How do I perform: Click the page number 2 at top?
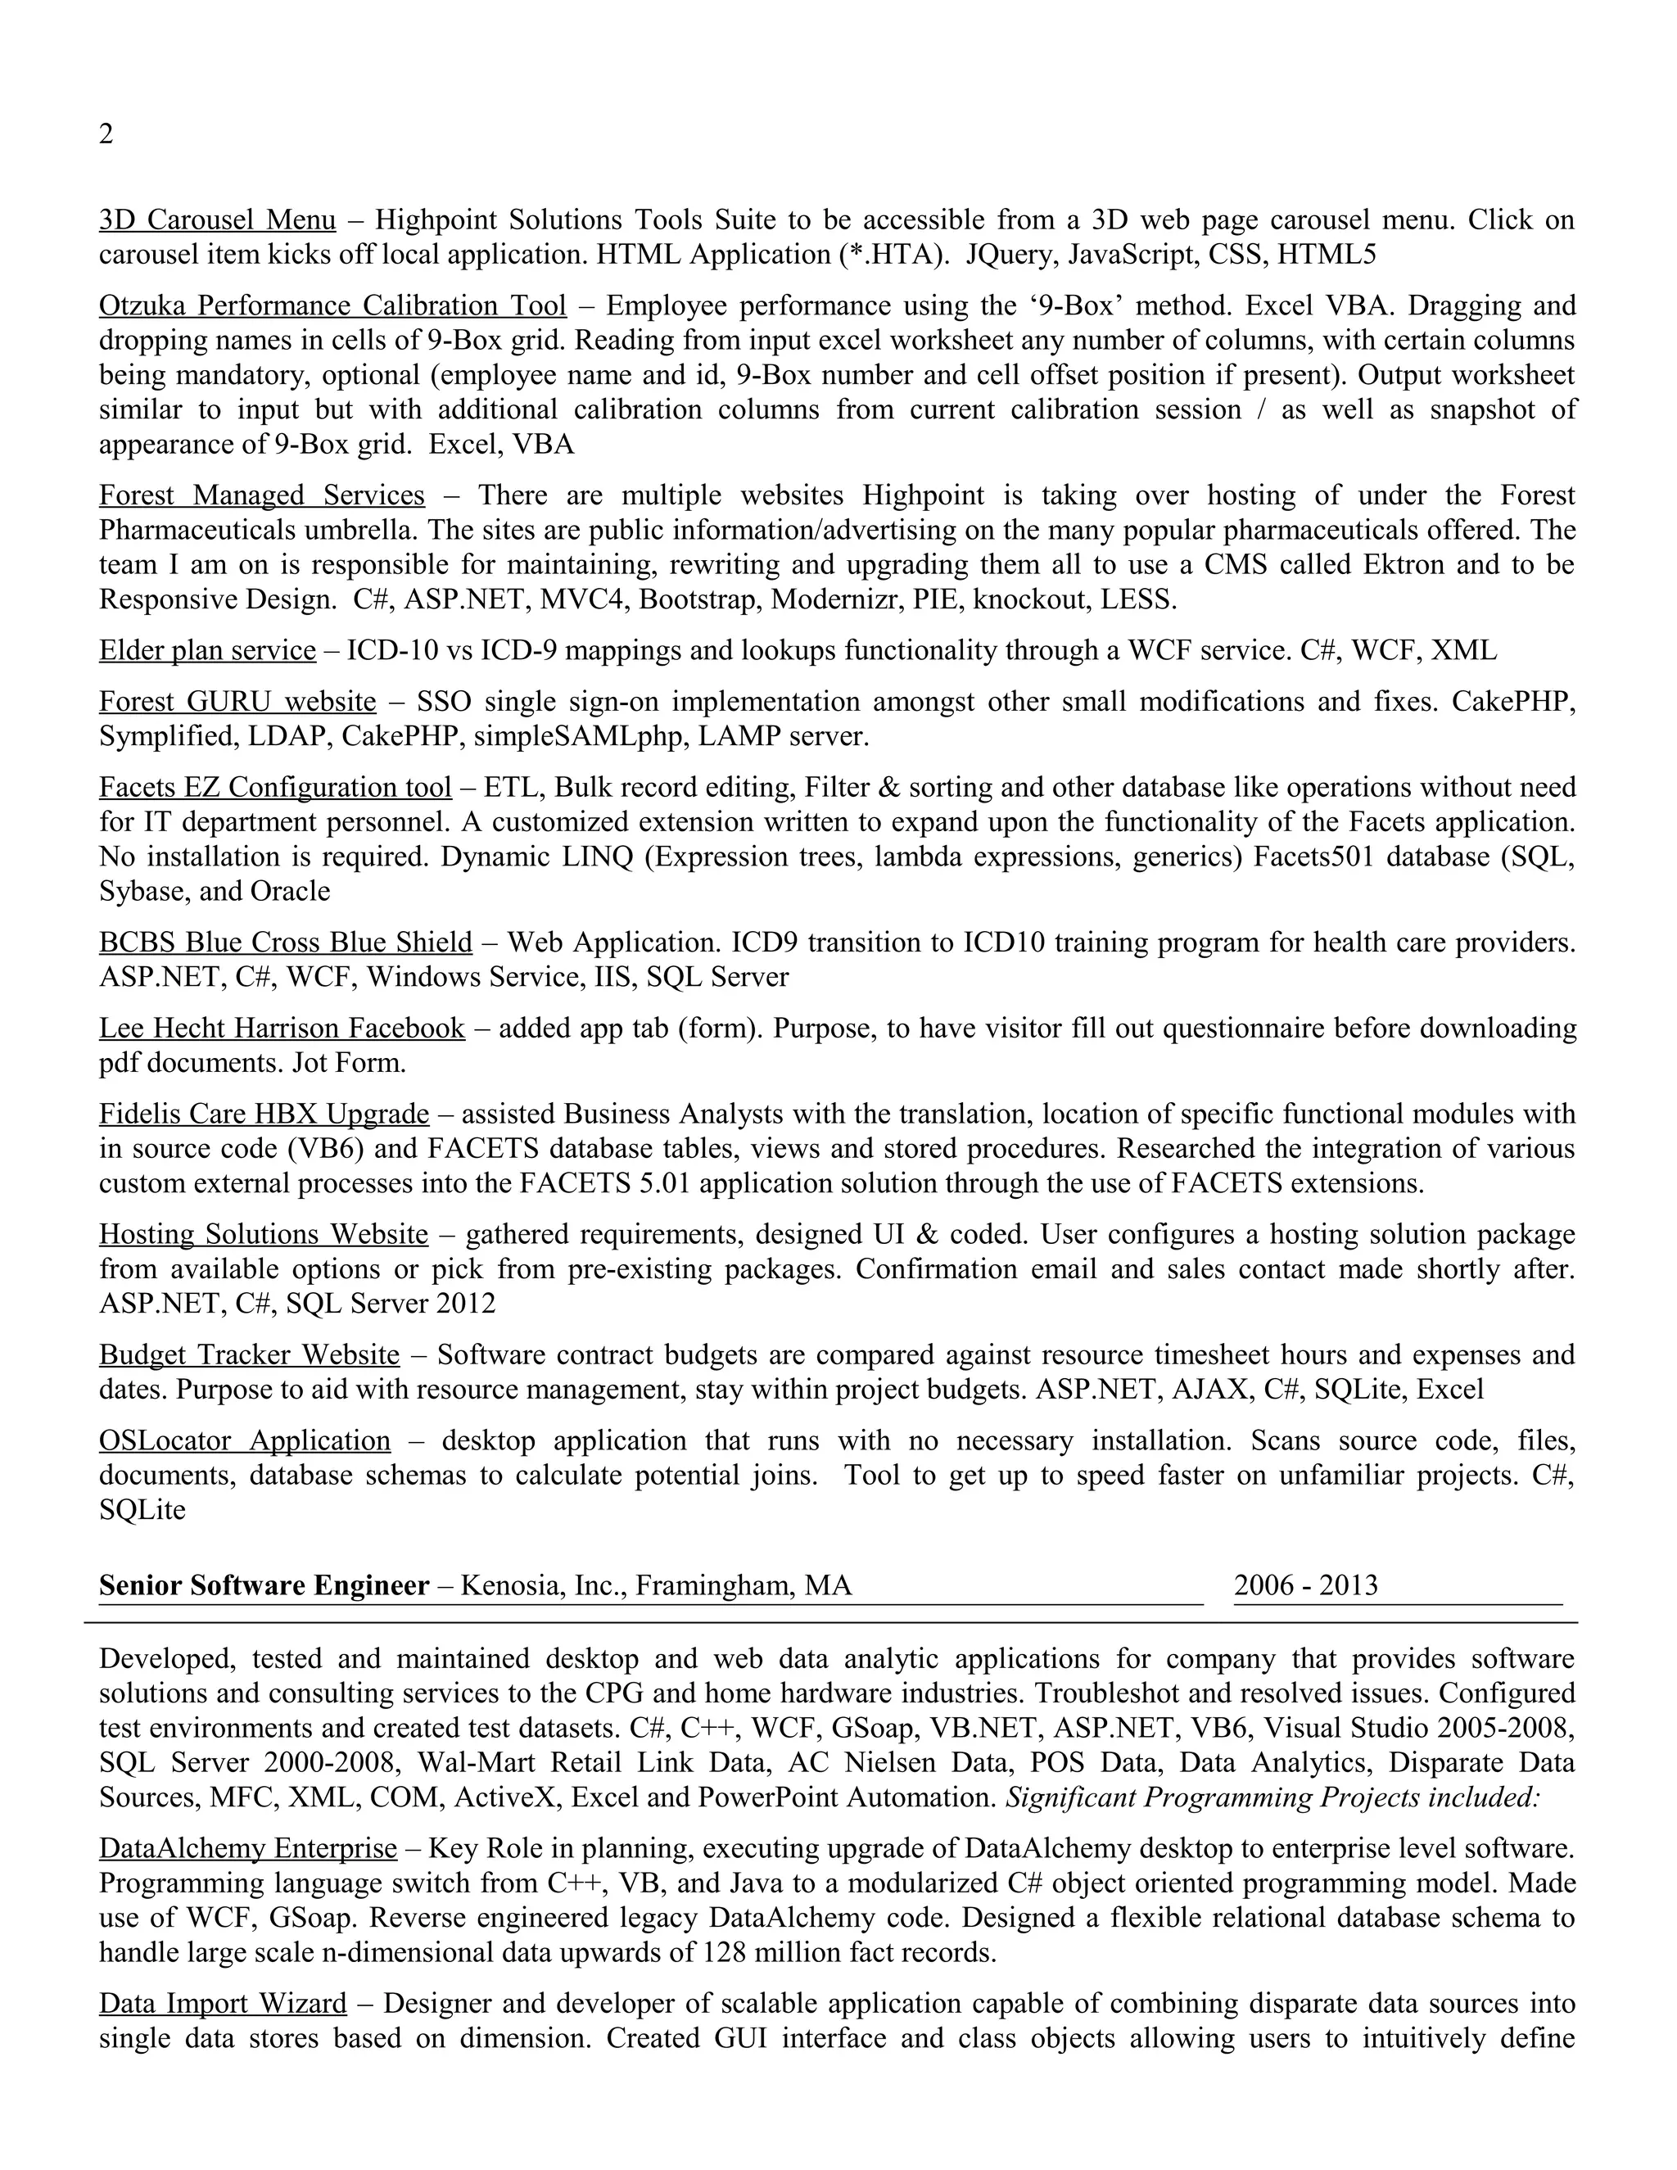pos(106,134)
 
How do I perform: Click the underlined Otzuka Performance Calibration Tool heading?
pos(332,305)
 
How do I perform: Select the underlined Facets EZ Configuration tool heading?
pos(274,787)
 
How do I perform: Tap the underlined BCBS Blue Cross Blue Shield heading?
pos(285,942)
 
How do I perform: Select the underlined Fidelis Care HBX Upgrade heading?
pos(264,1114)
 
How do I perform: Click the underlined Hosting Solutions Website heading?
pos(264,1234)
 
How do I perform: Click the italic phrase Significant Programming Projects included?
pos(1272,1797)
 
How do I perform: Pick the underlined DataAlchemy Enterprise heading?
pos(247,1848)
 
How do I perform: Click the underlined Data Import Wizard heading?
pos(223,2003)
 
